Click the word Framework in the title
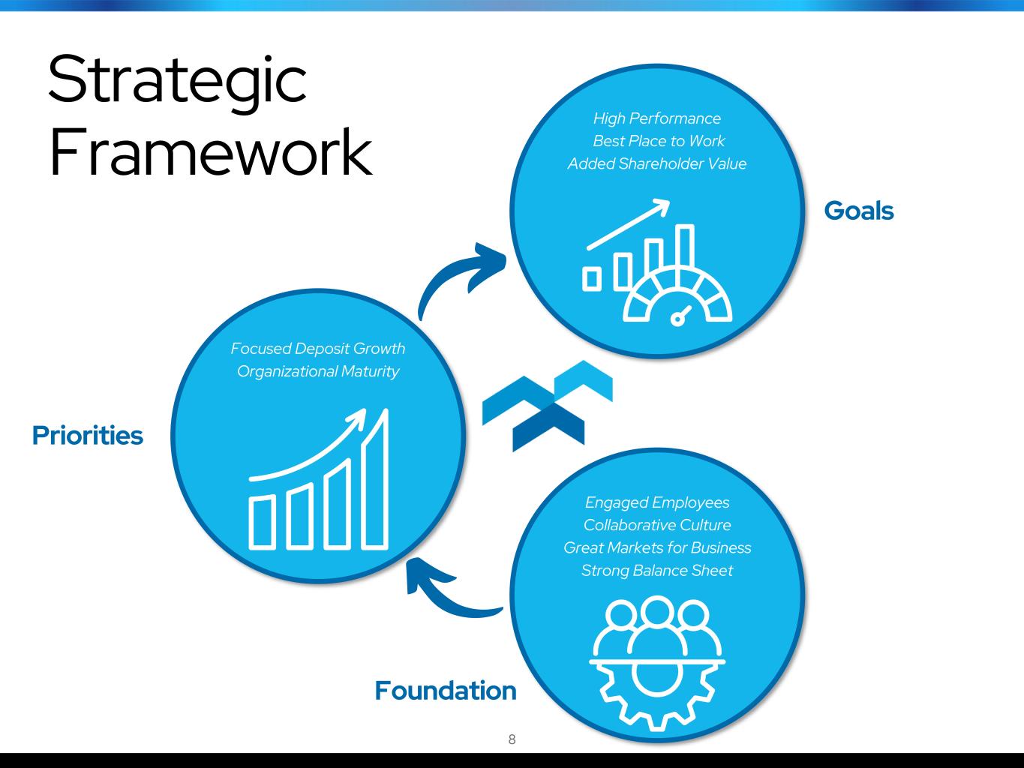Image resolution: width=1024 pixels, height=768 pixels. coord(210,152)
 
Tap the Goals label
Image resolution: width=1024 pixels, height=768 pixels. coord(859,211)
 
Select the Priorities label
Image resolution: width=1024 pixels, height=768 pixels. coord(88,436)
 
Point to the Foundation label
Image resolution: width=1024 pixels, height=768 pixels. coord(446,691)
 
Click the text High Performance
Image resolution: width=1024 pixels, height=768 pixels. coord(657,119)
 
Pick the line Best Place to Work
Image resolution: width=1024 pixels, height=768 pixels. coord(659,141)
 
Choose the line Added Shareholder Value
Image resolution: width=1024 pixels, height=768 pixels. coord(657,163)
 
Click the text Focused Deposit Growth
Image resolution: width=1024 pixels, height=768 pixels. coord(317,349)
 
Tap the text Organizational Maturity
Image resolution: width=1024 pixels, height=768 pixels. coord(318,372)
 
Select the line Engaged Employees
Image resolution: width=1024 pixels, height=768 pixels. coord(657,502)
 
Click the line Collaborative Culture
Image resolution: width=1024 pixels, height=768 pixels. coord(657,525)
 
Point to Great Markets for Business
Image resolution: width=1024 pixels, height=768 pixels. coord(657,547)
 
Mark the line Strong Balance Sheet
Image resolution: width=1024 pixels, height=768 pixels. coord(657,571)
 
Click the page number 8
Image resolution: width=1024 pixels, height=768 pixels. coord(512,739)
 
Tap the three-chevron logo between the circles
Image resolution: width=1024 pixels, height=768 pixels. coord(547,406)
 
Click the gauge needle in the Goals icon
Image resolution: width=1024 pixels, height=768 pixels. coord(681,315)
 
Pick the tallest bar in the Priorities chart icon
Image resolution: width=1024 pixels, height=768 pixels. coord(374,480)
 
